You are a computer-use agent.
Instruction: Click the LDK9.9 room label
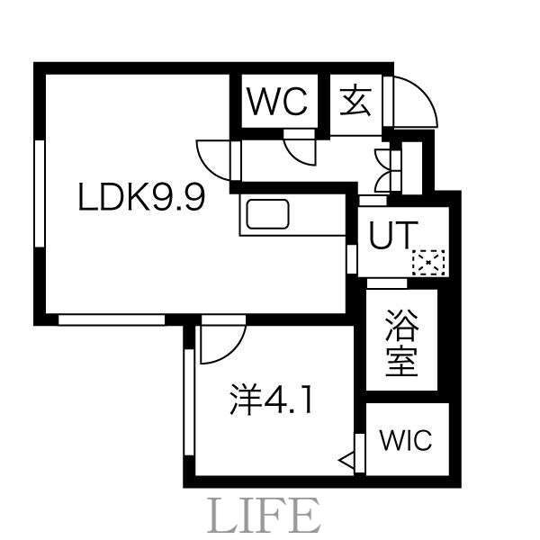[x=143, y=196]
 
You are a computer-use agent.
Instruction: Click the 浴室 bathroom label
[x=400, y=343]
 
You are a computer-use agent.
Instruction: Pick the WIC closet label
[x=405, y=441]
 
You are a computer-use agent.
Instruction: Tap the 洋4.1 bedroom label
[x=270, y=399]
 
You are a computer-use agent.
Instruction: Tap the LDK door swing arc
[x=213, y=159]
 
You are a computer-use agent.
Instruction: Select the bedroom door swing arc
[x=221, y=343]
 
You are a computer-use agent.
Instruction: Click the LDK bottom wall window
[x=112, y=319]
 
